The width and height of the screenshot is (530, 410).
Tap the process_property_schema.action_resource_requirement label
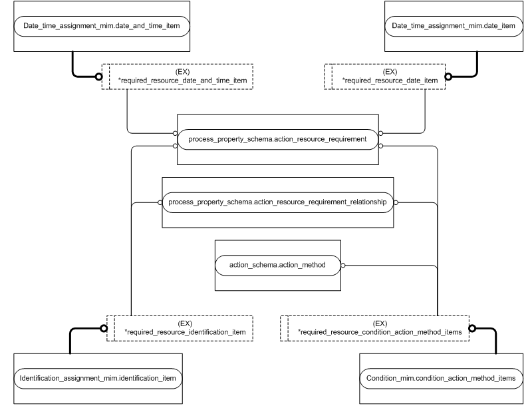click(x=277, y=139)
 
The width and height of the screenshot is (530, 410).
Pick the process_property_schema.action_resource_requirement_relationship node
click(x=277, y=202)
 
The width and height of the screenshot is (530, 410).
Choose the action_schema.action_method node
click(x=277, y=264)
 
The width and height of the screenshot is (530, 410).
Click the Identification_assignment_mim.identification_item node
click(x=98, y=378)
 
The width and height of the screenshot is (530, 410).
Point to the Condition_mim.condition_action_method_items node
click(x=441, y=378)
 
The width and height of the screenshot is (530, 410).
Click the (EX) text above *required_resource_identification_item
click(x=185, y=322)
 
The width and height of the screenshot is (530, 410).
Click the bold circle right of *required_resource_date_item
click(x=450, y=77)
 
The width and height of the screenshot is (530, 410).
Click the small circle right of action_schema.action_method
click(x=343, y=265)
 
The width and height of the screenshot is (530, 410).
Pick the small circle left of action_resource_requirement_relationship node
click(x=160, y=202)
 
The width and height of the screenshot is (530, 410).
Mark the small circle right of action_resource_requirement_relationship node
click(x=396, y=202)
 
